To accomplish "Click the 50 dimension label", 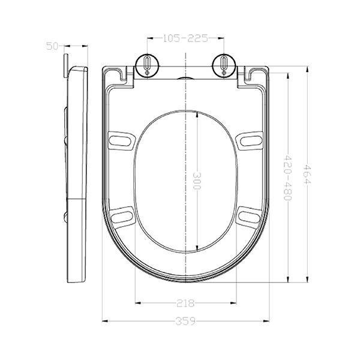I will point(52,46).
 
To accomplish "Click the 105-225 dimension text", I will point(185,38).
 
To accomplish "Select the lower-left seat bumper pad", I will point(122,214).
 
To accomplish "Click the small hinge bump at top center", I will point(185,77).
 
